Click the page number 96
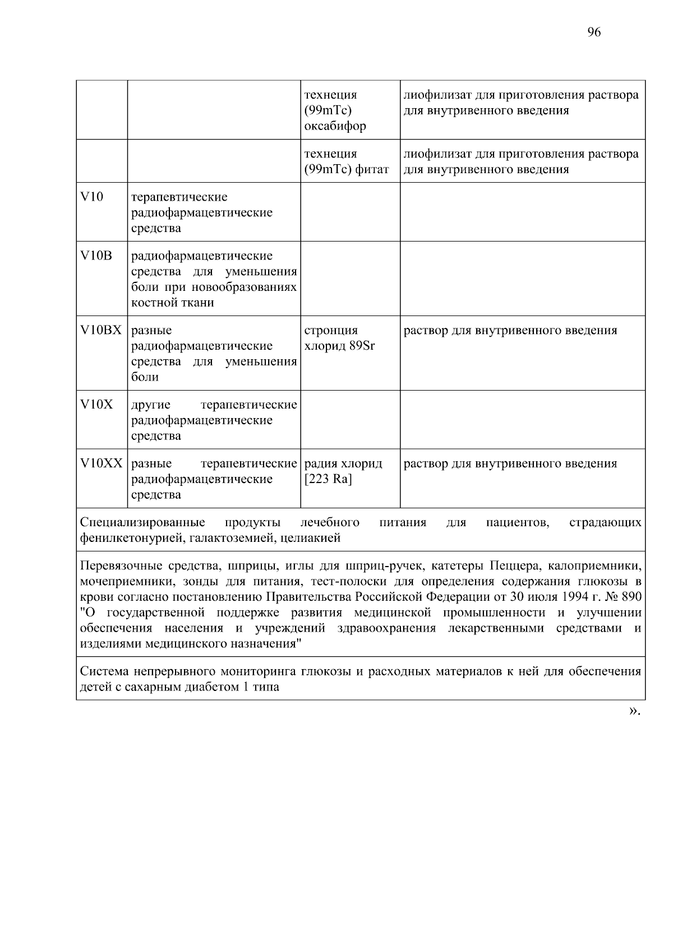point(594,32)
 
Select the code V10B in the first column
point(96,256)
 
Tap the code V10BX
point(101,331)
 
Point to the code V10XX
point(101,464)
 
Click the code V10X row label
point(96,405)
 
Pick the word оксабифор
point(335,126)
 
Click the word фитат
point(372,169)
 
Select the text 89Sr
point(362,346)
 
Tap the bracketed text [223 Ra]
point(328,480)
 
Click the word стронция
point(331,331)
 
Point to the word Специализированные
point(142,523)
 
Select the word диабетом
point(210,687)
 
